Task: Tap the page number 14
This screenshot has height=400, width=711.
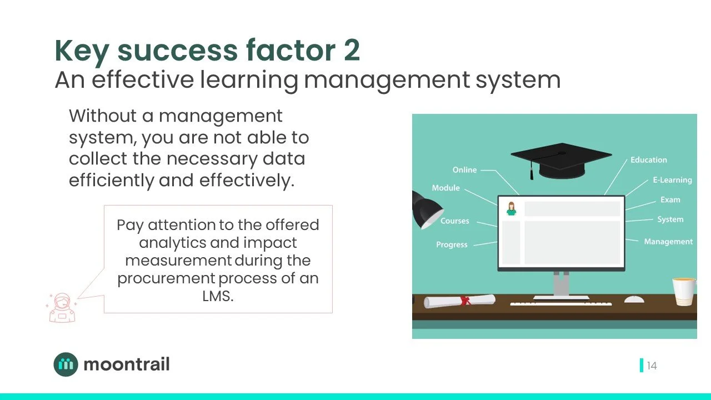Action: (x=652, y=366)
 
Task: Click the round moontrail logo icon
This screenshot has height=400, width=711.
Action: (x=66, y=364)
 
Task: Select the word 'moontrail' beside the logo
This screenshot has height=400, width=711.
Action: (x=126, y=364)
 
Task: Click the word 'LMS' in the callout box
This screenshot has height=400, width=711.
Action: (x=218, y=296)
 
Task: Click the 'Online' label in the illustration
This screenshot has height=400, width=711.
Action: (x=464, y=170)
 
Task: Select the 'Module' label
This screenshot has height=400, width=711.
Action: (x=445, y=188)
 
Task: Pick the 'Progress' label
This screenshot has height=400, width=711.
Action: (x=452, y=244)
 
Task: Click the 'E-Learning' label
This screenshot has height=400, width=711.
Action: (x=672, y=180)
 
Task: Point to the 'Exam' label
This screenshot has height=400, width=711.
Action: (x=670, y=199)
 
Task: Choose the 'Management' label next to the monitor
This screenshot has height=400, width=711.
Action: (x=668, y=242)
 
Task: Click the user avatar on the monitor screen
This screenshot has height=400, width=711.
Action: (x=511, y=209)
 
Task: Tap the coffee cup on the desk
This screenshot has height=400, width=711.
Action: (x=683, y=292)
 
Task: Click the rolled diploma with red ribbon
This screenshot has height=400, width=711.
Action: (x=459, y=301)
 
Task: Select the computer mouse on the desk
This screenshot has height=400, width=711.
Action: (x=634, y=299)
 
